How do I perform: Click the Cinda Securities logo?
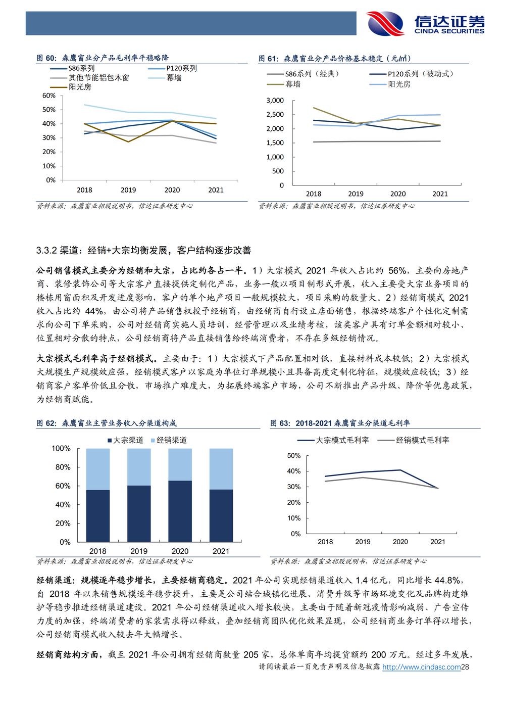click(425, 23)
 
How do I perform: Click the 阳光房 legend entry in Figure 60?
click(71, 87)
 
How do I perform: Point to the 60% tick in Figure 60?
click(49, 96)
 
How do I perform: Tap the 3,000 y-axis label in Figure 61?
click(275, 101)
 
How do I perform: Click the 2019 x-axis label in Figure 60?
click(128, 190)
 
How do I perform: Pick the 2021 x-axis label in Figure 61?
click(440, 194)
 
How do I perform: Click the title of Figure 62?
click(107, 423)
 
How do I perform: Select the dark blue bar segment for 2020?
click(180, 511)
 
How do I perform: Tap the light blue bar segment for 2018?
click(98, 469)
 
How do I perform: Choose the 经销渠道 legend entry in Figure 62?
click(169, 440)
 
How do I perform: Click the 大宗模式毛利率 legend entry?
click(333, 440)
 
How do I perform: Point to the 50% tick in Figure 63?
click(294, 455)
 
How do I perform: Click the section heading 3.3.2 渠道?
click(143, 250)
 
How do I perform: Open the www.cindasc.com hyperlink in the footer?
click(421, 667)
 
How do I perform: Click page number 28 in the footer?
click(465, 667)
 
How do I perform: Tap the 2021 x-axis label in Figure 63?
click(437, 542)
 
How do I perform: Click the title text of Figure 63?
click(340, 423)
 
